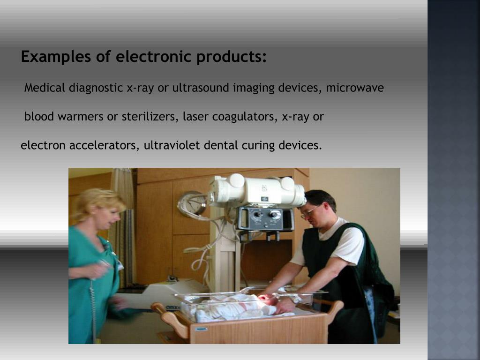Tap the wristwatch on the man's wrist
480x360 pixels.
click(296, 299)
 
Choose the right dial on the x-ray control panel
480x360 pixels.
click(275, 216)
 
